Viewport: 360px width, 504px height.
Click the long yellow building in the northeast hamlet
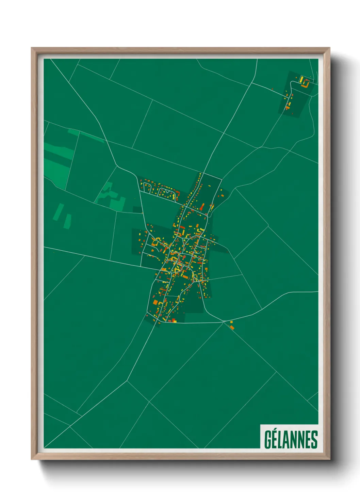tap(301, 80)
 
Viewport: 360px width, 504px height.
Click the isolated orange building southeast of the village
tap(232, 328)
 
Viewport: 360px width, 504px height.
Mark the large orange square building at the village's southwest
tap(156, 302)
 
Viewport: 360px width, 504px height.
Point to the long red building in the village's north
tap(202, 207)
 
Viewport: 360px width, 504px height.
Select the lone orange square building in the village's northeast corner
tap(221, 195)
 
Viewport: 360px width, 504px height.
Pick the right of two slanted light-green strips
tap(67, 221)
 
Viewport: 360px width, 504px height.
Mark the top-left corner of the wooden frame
tap(32, 48)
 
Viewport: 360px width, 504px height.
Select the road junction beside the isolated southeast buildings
tap(224, 321)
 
